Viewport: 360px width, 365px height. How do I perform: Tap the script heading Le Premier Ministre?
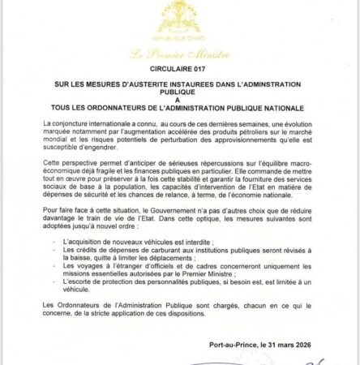pos(179,54)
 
